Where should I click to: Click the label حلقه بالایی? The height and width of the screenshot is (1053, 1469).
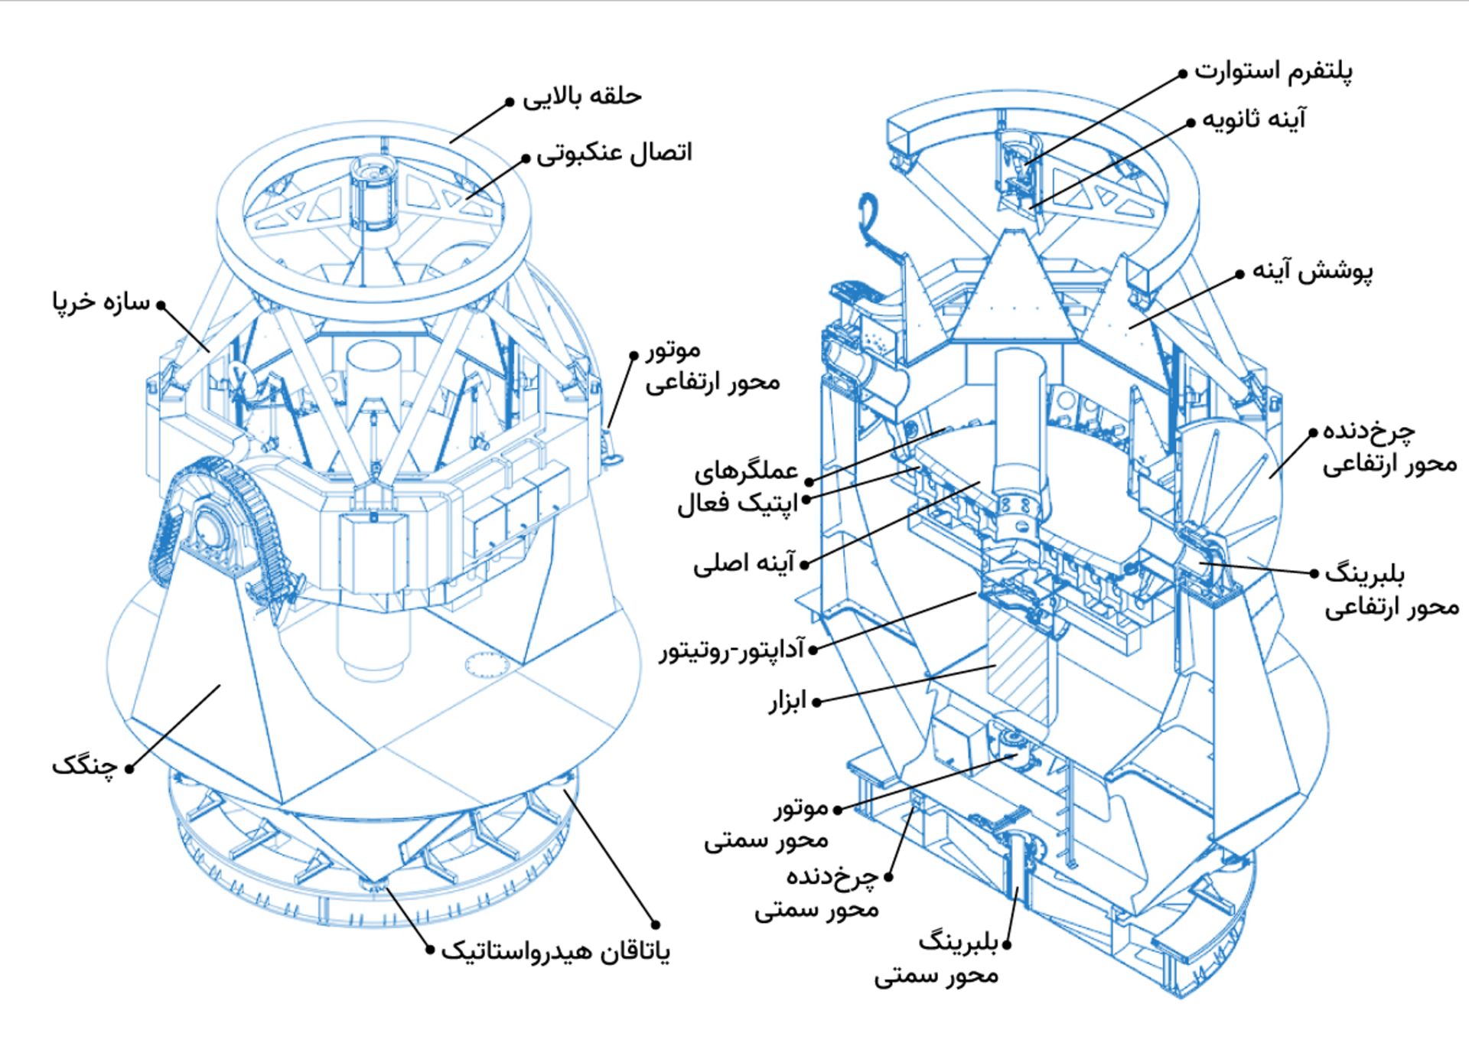582,97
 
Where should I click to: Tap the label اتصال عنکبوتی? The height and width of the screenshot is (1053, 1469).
614,153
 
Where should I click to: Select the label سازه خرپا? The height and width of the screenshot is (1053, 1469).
102,302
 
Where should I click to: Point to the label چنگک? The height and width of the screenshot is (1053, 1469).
84,766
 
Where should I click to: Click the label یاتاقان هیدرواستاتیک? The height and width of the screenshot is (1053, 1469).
555,952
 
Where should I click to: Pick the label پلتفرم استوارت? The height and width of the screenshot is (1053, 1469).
1273,72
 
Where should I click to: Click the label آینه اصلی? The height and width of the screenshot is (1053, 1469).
744,565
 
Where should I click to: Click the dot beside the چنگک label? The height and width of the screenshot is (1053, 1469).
129,768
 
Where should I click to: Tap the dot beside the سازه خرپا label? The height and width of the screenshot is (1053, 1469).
161,305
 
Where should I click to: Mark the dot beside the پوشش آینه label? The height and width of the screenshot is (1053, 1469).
1240,273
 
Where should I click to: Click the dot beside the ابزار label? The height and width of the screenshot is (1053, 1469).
816,702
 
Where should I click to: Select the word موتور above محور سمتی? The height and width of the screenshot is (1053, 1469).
800,808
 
